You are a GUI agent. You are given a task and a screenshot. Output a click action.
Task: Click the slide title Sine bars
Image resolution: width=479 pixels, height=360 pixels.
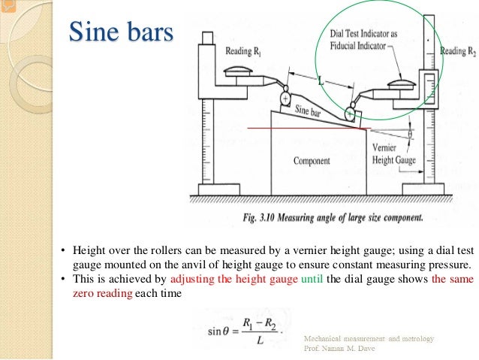click(121, 33)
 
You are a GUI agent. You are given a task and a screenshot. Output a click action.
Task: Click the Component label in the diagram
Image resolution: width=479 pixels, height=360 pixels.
click(312, 161)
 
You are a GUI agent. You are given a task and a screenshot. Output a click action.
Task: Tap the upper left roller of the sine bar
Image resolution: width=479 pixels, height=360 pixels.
click(285, 98)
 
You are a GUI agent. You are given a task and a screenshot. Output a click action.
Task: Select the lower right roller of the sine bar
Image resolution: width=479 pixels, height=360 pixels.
click(349, 113)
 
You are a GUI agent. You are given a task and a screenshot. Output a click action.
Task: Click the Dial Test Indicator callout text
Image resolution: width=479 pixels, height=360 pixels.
click(363, 40)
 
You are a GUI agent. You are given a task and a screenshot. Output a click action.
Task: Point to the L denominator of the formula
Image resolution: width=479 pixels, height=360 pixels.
click(258, 340)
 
